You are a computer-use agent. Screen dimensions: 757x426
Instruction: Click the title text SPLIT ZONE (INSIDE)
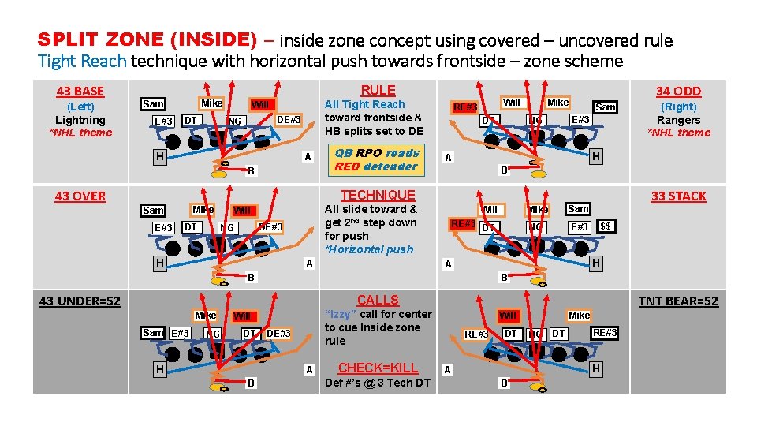click(x=147, y=40)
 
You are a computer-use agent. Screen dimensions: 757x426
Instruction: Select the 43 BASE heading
click(x=80, y=92)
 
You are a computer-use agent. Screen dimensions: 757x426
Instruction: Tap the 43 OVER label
click(x=80, y=196)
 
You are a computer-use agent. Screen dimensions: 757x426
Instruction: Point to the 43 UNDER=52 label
click(x=80, y=301)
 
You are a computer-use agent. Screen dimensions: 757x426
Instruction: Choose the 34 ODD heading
click(x=678, y=92)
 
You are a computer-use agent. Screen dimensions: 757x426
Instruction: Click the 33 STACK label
click(x=678, y=196)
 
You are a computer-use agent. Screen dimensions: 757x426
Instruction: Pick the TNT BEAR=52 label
click(x=678, y=301)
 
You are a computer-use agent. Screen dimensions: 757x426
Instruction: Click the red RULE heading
click(x=378, y=90)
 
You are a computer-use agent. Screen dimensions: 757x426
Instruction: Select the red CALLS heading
click(x=378, y=300)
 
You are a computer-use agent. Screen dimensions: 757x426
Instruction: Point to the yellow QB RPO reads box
click(x=376, y=159)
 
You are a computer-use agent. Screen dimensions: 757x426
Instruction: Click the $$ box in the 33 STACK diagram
click(x=606, y=226)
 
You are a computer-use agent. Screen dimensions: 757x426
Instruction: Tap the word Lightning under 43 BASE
click(x=80, y=120)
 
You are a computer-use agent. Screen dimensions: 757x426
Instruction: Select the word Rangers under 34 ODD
click(x=678, y=120)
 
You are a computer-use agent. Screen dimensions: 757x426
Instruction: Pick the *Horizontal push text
click(x=369, y=249)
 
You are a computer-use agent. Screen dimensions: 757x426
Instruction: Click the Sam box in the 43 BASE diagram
click(x=153, y=104)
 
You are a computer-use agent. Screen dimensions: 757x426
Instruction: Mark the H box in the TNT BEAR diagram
click(x=596, y=368)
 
